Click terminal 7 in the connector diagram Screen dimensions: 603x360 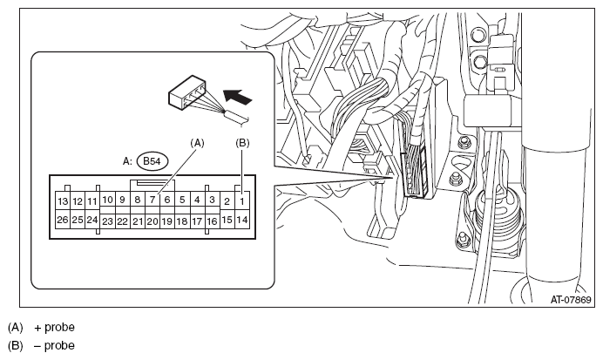click(x=152, y=200)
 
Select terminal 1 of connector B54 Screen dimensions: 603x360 click(x=242, y=200)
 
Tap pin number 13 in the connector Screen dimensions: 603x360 click(x=63, y=200)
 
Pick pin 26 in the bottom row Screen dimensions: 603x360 click(x=63, y=220)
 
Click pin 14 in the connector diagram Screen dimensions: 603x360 click(x=242, y=220)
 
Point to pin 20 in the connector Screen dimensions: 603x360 click(x=152, y=221)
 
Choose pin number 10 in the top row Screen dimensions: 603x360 click(x=107, y=200)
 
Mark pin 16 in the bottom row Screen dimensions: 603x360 click(x=212, y=221)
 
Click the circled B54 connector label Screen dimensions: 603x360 click(x=152, y=161)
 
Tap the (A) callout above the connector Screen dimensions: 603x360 click(x=197, y=143)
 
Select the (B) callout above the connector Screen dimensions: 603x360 click(x=242, y=143)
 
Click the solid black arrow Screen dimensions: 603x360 click(x=238, y=96)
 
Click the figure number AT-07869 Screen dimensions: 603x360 click(x=571, y=299)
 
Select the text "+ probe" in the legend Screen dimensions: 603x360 click(x=54, y=327)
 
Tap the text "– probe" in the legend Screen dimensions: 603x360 click(x=54, y=345)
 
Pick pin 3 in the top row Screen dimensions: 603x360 click(x=212, y=200)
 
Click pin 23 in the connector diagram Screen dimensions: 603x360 click(x=107, y=221)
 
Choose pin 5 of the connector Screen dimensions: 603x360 click(x=182, y=200)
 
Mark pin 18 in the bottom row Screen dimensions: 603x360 click(x=182, y=221)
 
